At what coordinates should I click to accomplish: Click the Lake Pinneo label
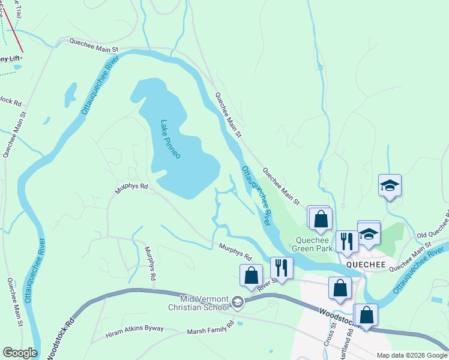[x=170, y=139]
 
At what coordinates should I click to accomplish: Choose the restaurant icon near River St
[x=281, y=267]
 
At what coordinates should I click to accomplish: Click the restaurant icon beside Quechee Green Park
[x=346, y=241]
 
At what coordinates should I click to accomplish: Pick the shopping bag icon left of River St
[x=251, y=275]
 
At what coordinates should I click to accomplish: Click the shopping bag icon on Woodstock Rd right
[x=366, y=314]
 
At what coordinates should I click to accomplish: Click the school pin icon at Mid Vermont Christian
[x=238, y=302]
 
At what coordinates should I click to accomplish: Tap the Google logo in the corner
[x=20, y=353]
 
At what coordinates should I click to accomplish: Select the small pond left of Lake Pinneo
[x=71, y=95]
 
